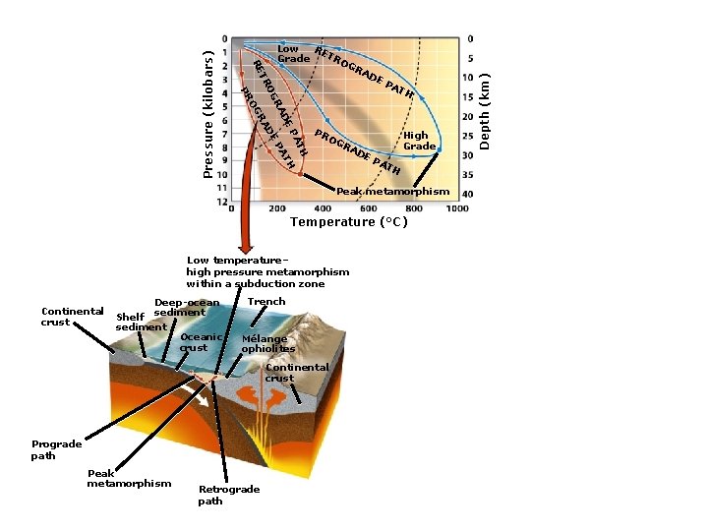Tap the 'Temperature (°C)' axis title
point(348,221)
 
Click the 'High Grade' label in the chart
point(419,141)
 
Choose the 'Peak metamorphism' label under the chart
point(392,191)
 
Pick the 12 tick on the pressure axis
point(223,202)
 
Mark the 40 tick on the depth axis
point(469,194)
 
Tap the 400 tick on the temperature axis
point(323,208)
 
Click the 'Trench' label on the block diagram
point(266,302)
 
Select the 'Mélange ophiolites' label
point(267,342)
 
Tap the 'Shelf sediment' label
point(141,322)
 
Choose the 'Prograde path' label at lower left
point(56,449)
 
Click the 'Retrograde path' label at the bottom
point(228,495)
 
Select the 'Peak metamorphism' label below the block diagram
point(129,478)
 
